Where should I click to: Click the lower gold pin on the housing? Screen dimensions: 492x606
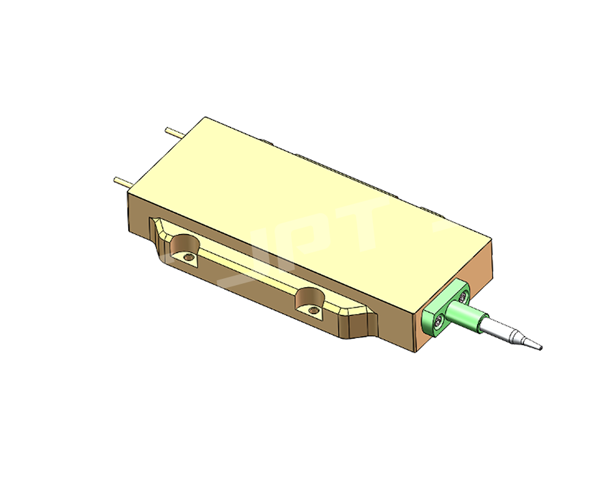pyautogui.click(x=121, y=182)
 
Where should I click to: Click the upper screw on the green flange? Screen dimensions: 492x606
pyautogui.click(x=464, y=296)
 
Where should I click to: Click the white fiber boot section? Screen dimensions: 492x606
pyautogui.click(x=496, y=329)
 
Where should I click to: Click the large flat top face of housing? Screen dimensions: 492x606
pyautogui.click(x=303, y=202)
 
